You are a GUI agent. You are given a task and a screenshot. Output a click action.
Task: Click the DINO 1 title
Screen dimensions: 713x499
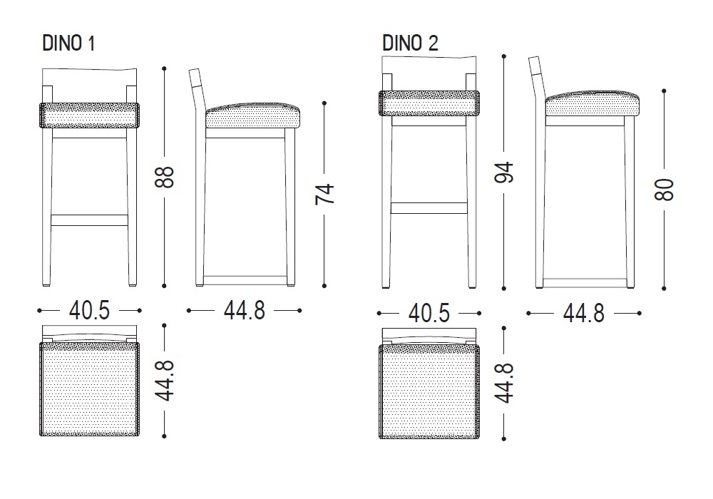(x=68, y=43)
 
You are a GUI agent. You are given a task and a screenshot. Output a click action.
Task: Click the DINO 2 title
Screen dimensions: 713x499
(x=410, y=43)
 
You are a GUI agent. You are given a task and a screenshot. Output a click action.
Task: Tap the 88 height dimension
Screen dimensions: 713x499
(x=164, y=178)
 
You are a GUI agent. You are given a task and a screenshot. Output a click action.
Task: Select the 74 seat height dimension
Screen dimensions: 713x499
(x=324, y=194)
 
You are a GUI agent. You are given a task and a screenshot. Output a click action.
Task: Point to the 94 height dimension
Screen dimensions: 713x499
(x=504, y=172)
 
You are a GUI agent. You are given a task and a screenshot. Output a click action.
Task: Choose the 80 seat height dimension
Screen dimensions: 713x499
(x=665, y=189)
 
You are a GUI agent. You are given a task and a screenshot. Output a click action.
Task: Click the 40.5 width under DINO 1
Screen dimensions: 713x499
(x=89, y=311)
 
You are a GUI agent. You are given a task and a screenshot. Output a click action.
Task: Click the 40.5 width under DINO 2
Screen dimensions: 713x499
(x=429, y=313)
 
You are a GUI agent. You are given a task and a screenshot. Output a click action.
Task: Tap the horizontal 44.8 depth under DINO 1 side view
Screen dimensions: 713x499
(x=244, y=311)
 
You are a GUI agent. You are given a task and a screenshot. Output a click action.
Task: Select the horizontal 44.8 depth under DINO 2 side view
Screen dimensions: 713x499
(x=584, y=313)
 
